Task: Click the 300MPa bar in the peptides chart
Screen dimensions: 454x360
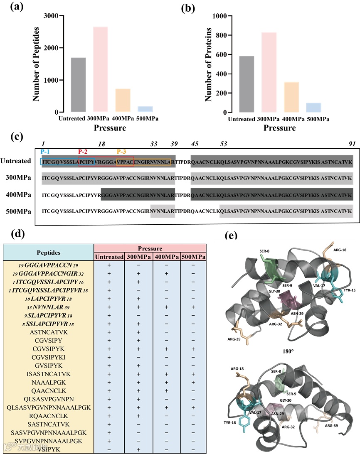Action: [x=101, y=69]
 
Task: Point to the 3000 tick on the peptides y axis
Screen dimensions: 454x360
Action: [x=52, y=16]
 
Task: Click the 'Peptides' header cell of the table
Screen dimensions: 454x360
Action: [x=48, y=252]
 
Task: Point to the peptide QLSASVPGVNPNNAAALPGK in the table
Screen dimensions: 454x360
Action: [x=48, y=407]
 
